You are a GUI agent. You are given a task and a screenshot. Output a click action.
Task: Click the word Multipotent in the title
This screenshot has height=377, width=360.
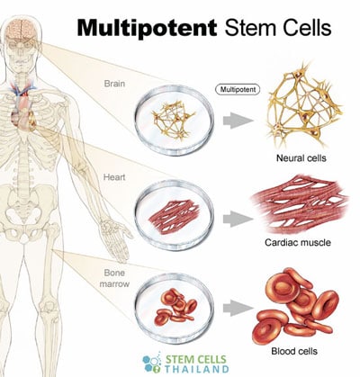[x=147, y=28]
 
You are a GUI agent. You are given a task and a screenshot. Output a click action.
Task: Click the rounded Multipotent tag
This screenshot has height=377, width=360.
[x=238, y=89]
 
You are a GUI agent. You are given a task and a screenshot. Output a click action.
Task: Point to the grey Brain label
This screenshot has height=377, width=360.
[x=114, y=84]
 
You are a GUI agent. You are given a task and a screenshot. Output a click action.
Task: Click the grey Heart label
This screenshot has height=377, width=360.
[x=114, y=177]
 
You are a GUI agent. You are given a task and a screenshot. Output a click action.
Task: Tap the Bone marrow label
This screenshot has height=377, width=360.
[x=114, y=278]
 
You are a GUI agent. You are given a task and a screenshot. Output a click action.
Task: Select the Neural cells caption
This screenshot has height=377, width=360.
[x=301, y=157]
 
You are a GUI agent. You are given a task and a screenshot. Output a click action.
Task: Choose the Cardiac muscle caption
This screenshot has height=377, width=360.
[x=298, y=242]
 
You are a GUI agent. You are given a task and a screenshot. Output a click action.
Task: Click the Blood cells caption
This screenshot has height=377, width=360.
[x=294, y=351]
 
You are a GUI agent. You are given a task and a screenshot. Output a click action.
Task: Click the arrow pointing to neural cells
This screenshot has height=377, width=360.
[x=238, y=121]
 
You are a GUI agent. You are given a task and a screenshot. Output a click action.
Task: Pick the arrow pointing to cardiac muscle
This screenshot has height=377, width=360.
[x=238, y=219]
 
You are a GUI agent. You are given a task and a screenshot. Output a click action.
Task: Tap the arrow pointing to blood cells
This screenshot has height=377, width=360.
[x=238, y=309]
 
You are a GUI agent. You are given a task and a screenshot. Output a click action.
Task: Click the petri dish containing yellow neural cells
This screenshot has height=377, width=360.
[x=174, y=121]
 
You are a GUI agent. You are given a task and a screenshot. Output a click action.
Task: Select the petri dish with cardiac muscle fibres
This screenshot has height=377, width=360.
[x=174, y=215]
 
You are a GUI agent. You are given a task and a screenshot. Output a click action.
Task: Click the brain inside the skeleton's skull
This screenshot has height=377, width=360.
[x=22, y=28]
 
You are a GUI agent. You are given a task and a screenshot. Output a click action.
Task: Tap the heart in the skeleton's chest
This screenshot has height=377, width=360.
[x=22, y=115]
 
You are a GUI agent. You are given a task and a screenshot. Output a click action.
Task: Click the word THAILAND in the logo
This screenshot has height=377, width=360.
[x=196, y=369]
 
